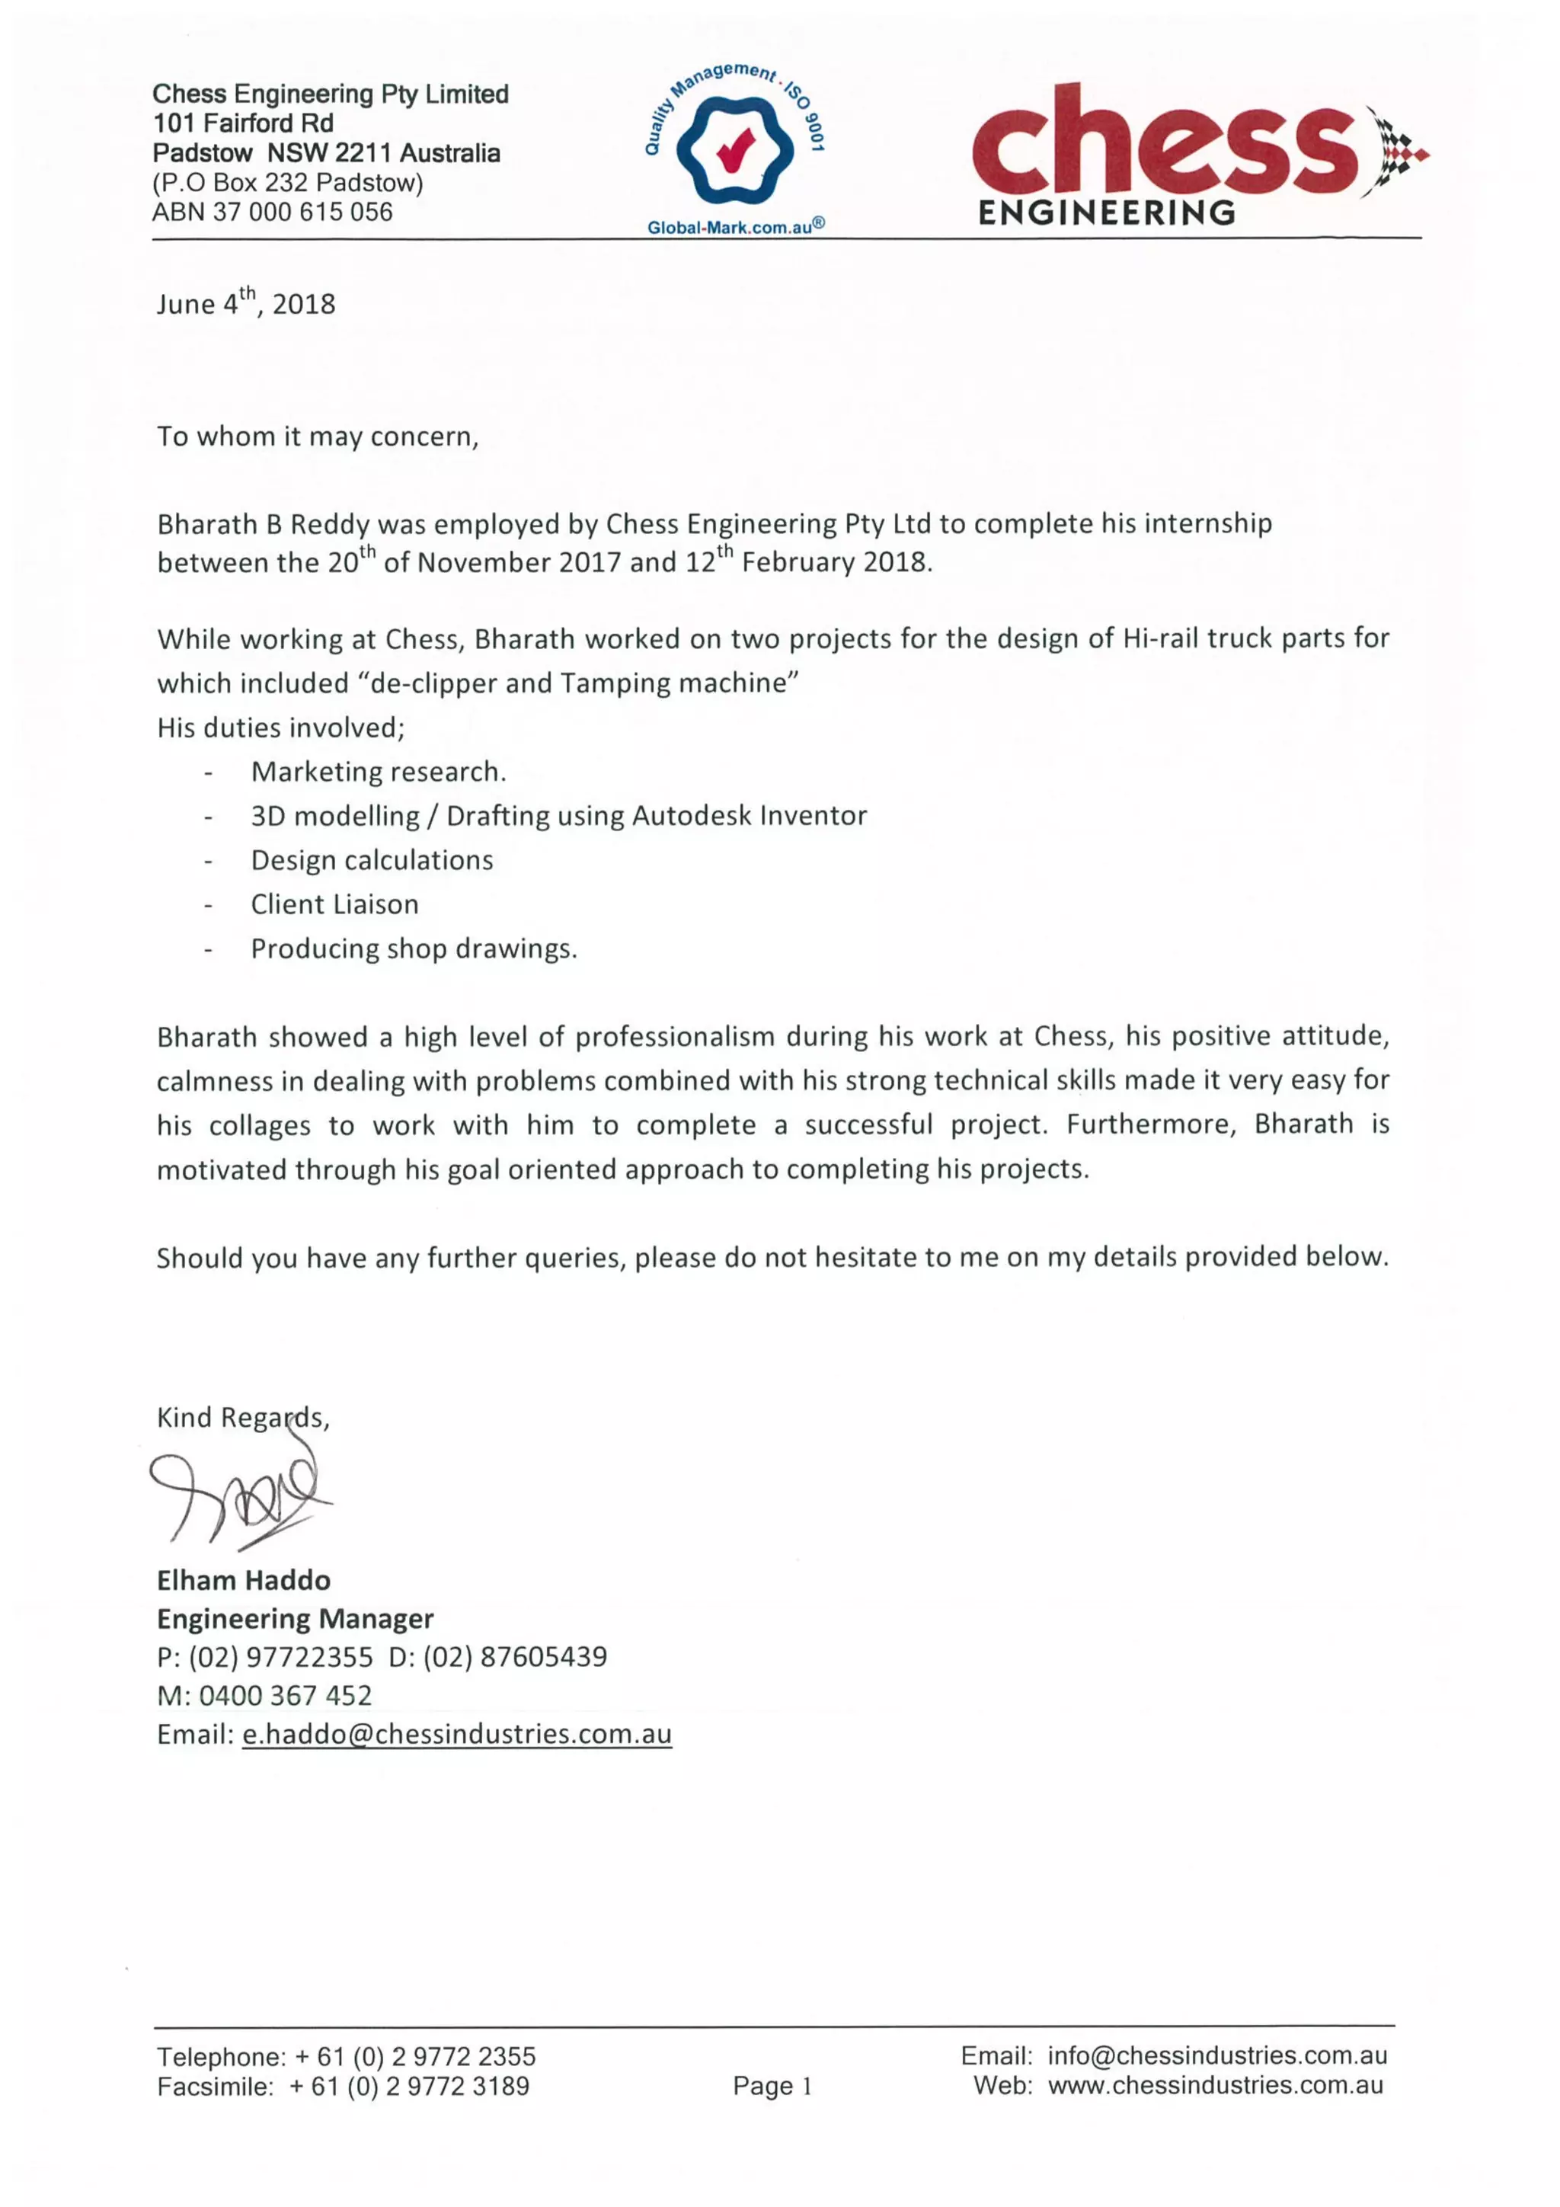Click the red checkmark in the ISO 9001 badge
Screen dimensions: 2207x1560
tap(735, 148)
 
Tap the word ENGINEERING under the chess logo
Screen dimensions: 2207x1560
tap(1106, 213)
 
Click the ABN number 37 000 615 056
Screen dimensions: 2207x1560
tap(301, 212)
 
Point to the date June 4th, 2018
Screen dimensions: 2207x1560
tap(246, 304)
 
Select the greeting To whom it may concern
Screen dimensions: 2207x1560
tap(317, 437)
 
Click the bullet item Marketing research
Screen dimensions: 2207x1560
tap(378, 771)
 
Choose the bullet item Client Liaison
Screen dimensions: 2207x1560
tap(334, 904)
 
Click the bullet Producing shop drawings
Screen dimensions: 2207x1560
tap(414, 948)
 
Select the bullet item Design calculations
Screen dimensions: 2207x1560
tap(371, 859)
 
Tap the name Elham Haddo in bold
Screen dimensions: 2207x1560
tap(243, 1580)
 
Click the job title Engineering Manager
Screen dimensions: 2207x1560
tap(295, 1619)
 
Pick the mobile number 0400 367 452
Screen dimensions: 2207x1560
tap(285, 1696)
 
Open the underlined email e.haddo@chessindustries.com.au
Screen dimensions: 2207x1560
tap(456, 1734)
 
